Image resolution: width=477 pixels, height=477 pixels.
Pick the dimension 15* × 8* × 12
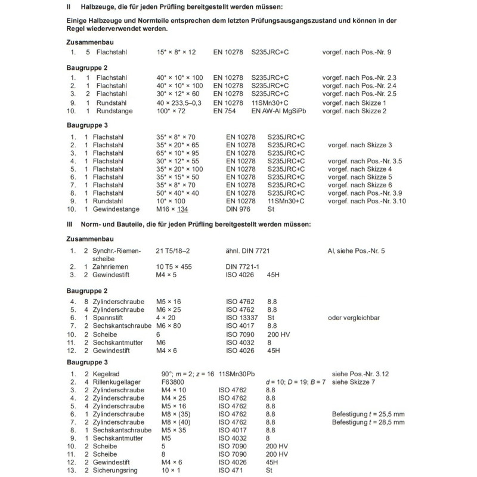click(176, 52)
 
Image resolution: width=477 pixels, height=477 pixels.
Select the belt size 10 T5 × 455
click(174, 267)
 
